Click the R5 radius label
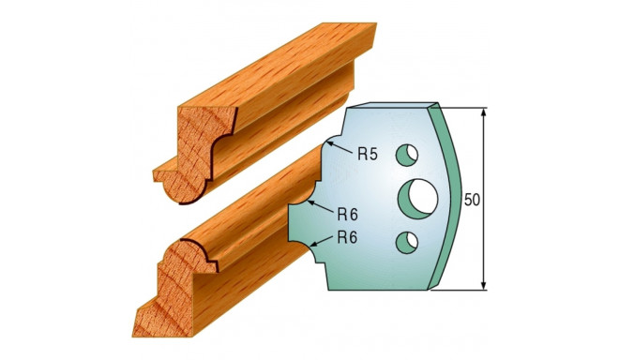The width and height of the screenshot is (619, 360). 368,155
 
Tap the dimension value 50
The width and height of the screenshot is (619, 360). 473,200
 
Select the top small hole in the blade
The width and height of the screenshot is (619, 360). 407,151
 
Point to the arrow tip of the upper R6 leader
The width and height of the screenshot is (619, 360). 310,201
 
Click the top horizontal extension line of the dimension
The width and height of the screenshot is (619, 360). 464,108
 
